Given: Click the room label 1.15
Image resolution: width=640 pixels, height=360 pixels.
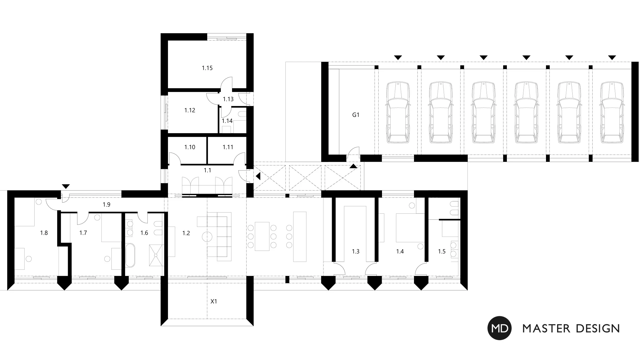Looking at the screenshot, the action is [x=207, y=68].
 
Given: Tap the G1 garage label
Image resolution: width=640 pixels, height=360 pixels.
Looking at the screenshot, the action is [x=356, y=115].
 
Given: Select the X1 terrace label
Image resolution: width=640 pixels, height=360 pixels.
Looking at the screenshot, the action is [x=214, y=301].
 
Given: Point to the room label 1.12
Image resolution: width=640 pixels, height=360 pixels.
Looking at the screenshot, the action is [x=190, y=110].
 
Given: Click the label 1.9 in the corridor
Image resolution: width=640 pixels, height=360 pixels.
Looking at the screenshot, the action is [x=107, y=205].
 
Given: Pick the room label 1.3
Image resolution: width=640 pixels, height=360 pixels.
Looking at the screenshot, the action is [x=356, y=251].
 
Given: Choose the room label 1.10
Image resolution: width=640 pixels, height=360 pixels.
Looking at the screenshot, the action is [x=190, y=147].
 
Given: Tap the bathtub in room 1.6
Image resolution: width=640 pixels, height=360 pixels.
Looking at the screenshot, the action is [x=130, y=255].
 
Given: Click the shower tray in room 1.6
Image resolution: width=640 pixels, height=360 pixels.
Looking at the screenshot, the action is [x=156, y=255].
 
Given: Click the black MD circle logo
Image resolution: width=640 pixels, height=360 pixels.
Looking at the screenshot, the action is [x=499, y=328].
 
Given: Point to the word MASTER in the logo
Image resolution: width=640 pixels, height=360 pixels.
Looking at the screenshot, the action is [x=547, y=329].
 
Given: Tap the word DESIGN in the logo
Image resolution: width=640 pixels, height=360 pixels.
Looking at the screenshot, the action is [x=598, y=329].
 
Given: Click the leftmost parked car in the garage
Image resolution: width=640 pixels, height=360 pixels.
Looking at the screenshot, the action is [x=398, y=113].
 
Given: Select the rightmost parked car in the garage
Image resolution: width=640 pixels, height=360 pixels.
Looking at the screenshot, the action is [x=612, y=113].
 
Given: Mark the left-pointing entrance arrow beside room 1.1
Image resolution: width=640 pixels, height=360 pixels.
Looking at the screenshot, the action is [x=258, y=176].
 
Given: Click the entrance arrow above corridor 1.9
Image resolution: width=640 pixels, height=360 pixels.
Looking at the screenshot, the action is [x=66, y=187].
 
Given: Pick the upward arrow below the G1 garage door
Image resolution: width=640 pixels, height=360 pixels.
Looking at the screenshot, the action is [x=353, y=166].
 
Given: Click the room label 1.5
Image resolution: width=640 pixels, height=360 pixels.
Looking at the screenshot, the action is [x=442, y=251].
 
